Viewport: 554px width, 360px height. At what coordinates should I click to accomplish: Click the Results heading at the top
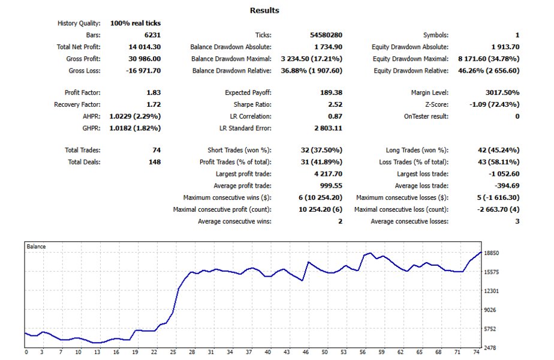point(264,10)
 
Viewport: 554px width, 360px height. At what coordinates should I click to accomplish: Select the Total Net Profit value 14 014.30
point(144,47)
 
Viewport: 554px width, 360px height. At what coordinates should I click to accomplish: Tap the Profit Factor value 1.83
point(153,92)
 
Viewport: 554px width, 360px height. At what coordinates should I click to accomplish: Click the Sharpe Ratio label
point(252,104)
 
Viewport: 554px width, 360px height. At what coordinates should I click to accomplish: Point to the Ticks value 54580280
point(326,35)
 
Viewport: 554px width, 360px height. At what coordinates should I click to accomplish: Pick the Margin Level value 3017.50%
point(502,92)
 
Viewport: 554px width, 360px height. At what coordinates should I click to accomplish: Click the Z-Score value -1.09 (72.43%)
point(494,104)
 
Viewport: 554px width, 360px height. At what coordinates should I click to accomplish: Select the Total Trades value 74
point(156,150)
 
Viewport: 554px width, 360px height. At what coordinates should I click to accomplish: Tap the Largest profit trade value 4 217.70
point(328,173)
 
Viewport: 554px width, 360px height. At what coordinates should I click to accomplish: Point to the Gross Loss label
point(85,70)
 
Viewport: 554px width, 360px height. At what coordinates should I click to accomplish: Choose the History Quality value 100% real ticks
point(136,23)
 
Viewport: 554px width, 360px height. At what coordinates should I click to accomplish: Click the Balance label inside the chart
point(36,247)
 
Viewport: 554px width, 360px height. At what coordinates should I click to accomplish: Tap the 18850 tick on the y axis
point(491,253)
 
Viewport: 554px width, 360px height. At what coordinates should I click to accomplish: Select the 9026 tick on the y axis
point(490,310)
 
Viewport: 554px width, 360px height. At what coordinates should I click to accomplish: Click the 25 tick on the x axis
point(173,352)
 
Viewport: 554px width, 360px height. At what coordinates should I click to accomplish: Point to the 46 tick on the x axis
point(306,352)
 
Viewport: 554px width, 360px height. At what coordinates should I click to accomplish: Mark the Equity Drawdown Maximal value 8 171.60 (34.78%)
point(489,59)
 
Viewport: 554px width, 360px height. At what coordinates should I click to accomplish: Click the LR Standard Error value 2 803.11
point(328,128)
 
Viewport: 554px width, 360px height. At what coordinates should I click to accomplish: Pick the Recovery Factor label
point(77,104)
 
